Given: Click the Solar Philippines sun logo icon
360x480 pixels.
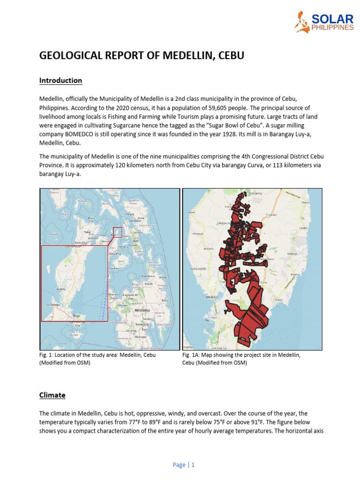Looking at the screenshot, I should pos(301,22).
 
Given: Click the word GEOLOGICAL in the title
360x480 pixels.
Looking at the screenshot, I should pos(71,56).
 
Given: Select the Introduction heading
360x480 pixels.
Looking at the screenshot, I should pos(60,81).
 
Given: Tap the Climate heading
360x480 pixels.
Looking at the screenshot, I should pos(52,395).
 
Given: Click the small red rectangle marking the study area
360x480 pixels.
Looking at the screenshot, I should pos(118,232).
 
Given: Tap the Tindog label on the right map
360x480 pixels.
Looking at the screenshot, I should pos(278,300).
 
